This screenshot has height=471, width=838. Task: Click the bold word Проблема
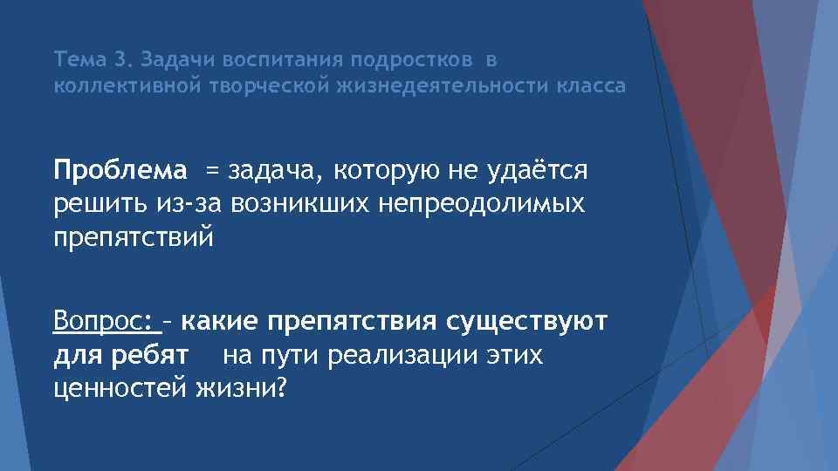[x=120, y=171]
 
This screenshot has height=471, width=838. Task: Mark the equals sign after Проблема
[x=213, y=172]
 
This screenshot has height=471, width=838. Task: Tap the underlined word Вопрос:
[x=104, y=322]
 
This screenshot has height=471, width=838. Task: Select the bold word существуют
[x=526, y=322]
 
